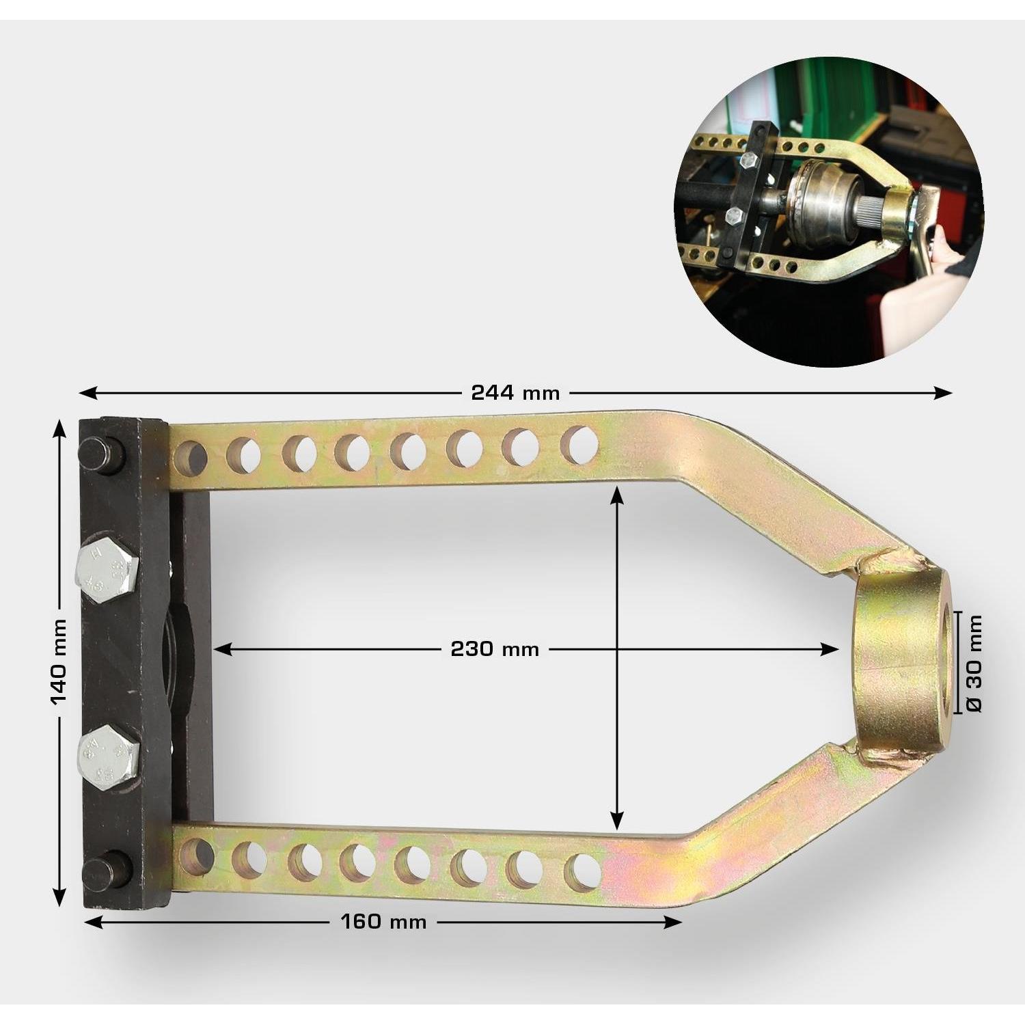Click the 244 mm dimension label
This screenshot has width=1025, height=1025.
point(515,393)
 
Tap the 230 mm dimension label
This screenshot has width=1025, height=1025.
point(495,648)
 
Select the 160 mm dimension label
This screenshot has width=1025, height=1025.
point(383,922)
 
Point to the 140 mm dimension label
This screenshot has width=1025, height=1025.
point(59,661)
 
